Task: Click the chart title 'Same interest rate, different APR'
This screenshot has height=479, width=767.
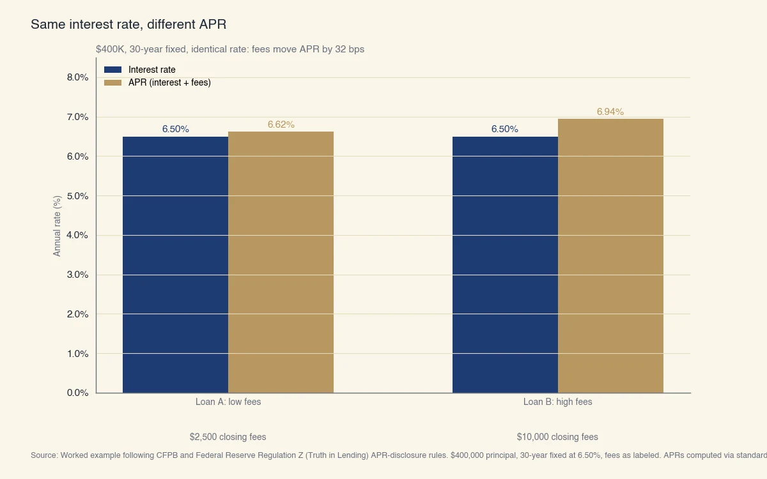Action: [128, 25]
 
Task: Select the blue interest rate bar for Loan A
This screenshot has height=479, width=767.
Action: [175, 264]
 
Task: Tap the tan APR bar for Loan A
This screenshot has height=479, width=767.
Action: [281, 262]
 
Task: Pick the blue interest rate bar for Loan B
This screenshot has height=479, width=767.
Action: [505, 264]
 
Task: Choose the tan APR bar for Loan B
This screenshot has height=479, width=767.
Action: [610, 255]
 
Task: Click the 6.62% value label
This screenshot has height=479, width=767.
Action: [281, 125]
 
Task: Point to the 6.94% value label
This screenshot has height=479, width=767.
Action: [610, 112]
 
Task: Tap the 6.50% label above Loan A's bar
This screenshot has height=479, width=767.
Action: [175, 129]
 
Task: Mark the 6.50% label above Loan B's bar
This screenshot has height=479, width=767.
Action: [505, 129]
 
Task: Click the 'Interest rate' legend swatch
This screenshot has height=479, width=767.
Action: [112, 70]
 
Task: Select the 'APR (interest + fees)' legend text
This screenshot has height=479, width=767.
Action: [169, 82]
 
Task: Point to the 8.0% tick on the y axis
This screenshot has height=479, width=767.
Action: [77, 77]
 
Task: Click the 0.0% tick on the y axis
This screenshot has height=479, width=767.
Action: [77, 393]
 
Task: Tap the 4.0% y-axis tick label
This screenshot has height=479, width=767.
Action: [77, 235]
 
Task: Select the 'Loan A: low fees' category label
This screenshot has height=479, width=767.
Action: [228, 402]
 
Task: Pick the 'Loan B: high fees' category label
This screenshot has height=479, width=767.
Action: [557, 402]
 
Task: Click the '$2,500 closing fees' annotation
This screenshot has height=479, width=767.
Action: [228, 437]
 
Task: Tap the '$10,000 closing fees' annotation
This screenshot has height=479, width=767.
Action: [557, 437]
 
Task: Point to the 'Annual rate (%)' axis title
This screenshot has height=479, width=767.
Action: [57, 227]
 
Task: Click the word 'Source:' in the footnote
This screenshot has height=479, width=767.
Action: [44, 455]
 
